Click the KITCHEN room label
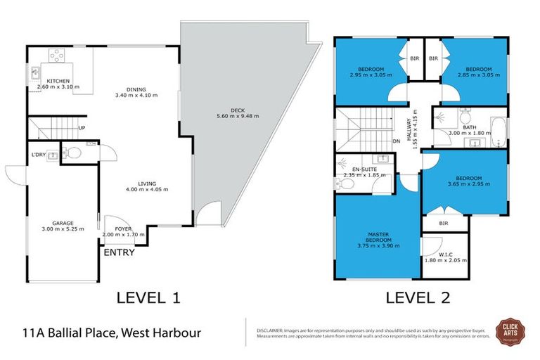[58, 82]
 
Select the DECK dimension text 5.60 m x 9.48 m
[239, 116]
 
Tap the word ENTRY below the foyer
[119, 252]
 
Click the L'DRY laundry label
[39, 154]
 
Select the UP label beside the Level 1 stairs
[82, 128]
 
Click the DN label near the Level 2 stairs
[396, 141]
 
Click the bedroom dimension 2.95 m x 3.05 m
[369, 74]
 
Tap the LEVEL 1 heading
[148, 297]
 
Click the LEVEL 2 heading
[418, 297]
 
